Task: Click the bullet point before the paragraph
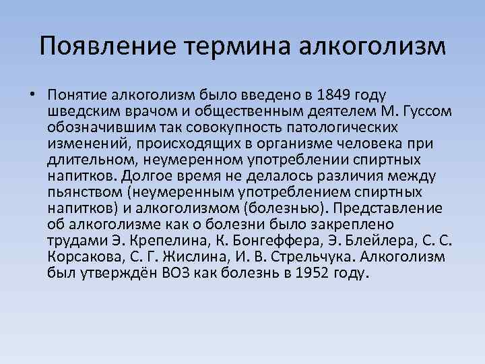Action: point(32,94)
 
